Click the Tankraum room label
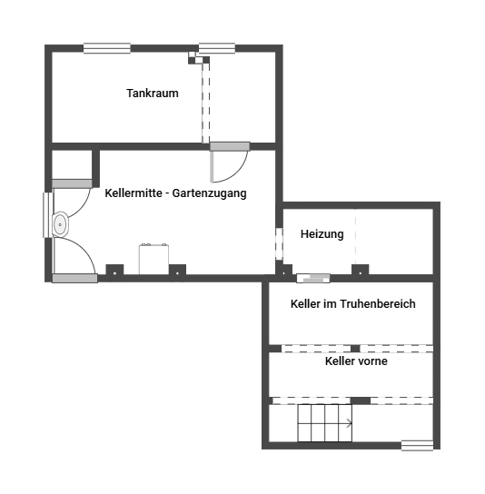[153, 94]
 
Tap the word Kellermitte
[134, 193]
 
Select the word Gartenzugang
[209, 193]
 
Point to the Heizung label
[322, 234]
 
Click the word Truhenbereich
[378, 303]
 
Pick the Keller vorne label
[356, 361]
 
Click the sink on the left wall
[60, 224]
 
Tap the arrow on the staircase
[349, 423]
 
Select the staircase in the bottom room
[325, 423]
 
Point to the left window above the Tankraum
[107, 48]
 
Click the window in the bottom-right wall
[417, 446]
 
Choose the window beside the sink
[48, 214]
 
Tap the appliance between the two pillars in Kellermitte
[153, 259]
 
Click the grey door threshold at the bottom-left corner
[74, 279]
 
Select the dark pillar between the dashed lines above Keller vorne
[355, 349]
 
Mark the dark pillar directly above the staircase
[361, 400]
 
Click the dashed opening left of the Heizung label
[279, 243]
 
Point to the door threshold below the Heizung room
[313, 278]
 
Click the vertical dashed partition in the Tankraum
[206, 103]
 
